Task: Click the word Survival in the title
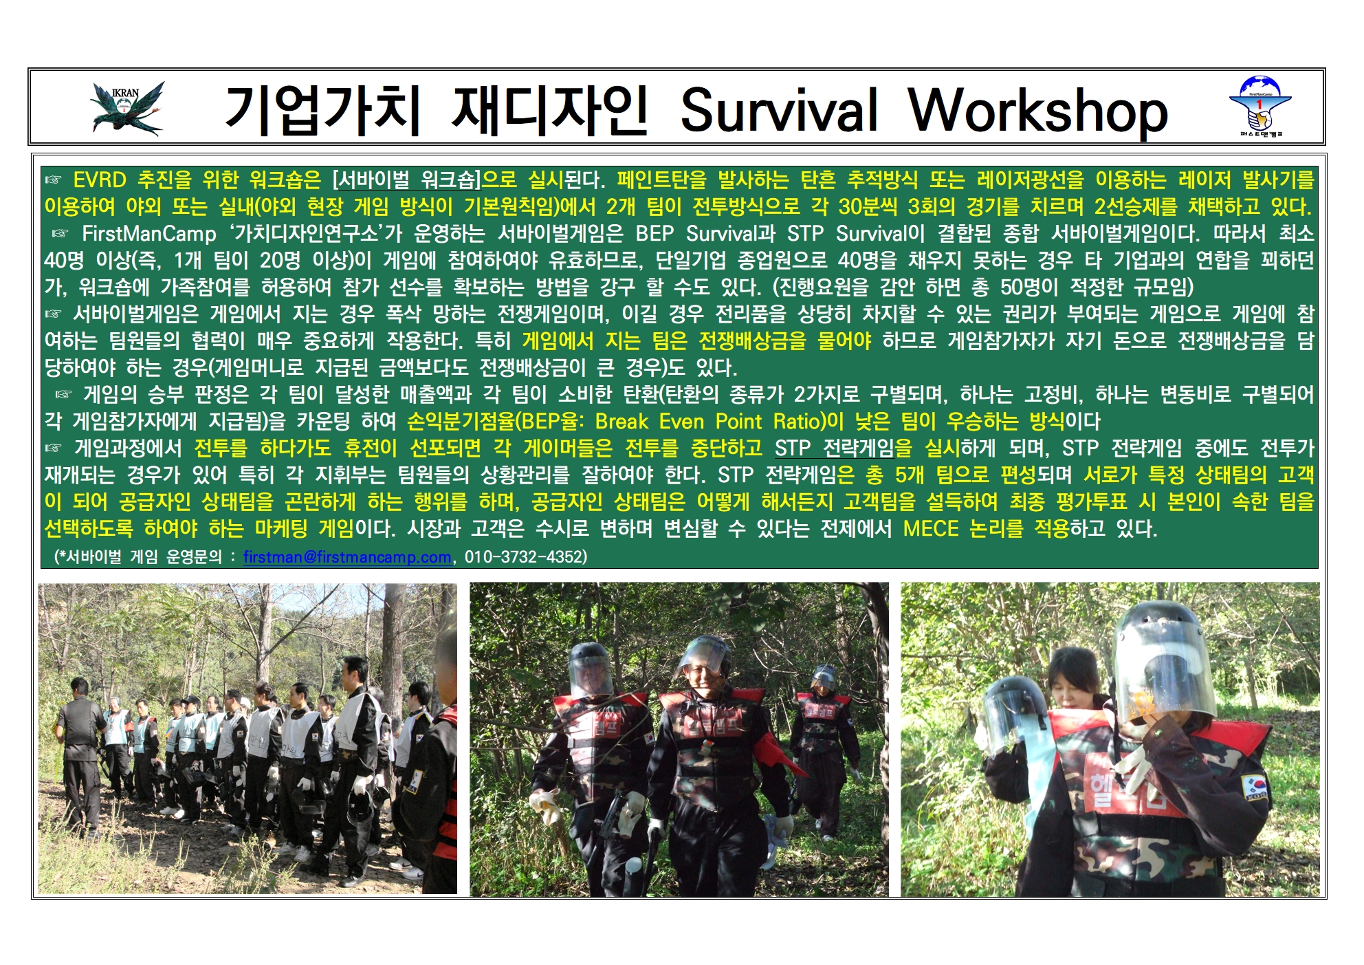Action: pos(779,109)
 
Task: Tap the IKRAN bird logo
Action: pos(128,108)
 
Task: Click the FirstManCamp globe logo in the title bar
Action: pos(1260,106)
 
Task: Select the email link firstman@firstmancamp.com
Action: pos(347,556)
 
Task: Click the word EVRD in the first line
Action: pos(100,180)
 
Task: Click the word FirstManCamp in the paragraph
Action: pos(149,234)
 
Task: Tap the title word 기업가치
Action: pos(322,110)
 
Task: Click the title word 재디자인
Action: pos(549,110)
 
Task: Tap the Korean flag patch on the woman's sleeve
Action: pos(1255,787)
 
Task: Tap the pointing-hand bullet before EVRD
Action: pos(54,180)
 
